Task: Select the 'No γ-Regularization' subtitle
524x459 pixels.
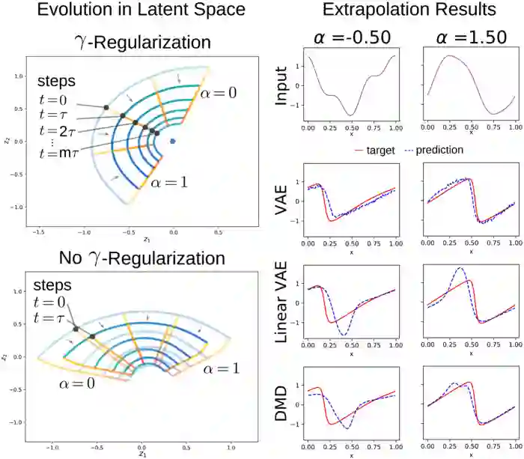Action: click(142, 259)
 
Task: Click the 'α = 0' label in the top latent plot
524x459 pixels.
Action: click(219, 92)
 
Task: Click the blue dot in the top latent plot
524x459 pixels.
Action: click(173, 140)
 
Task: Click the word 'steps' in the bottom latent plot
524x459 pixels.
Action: click(54, 286)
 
